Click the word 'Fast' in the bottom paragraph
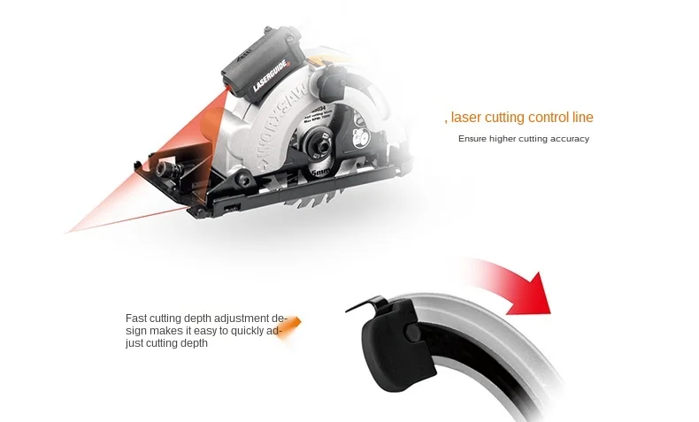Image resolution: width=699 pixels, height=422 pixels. [x=135, y=318]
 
